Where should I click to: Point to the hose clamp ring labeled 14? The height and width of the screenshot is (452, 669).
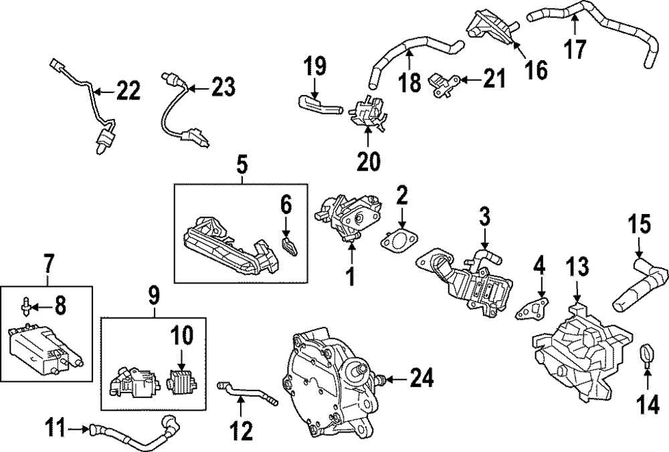tap(646, 354)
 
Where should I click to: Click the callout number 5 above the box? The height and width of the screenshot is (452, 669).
tap(242, 162)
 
